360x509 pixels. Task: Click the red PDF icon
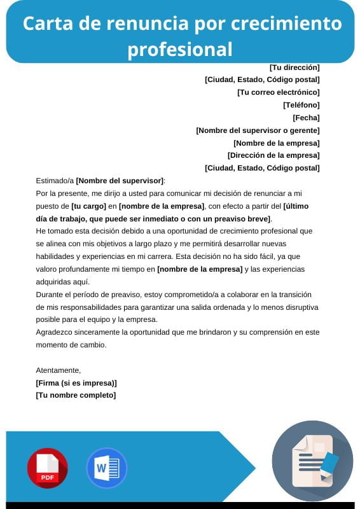click(x=47, y=468)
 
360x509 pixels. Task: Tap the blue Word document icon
click(x=106, y=468)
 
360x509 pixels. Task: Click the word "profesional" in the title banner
click(x=180, y=49)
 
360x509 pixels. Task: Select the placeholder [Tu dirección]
click(x=294, y=67)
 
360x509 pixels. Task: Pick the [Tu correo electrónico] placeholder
click(x=278, y=92)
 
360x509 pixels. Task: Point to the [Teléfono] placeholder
click(x=301, y=105)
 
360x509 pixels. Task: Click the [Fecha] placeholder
click(x=306, y=118)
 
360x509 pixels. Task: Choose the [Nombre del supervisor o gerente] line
click(x=258, y=130)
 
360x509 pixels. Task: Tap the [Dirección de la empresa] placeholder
click(x=273, y=155)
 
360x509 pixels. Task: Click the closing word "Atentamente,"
click(x=59, y=370)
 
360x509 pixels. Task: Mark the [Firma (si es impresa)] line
click(x=76, y=383)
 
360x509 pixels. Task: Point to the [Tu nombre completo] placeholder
click(x=76, y=395)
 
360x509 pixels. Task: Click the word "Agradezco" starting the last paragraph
click(x=55, y=332)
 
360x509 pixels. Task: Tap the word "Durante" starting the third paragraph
click(x=50, y=295)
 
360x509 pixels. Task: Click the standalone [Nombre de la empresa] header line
click(x=276, y=143)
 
